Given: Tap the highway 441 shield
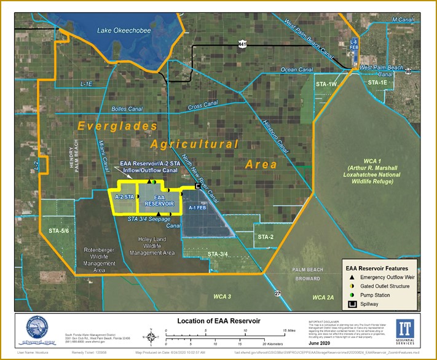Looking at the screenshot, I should pyautogui.click(x=243, y=44).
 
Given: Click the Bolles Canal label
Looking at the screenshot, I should pyautogui.click(x=127, y=109).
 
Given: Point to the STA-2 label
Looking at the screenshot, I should pyautogui.click(x=266, y=237).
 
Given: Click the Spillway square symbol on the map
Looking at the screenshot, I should pyautogui.click(x=198, y=186).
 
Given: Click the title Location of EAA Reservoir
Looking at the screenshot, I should pyautogui.click(x=219, y=321).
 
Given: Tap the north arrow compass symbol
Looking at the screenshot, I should pyautogui.click(x=149, y=335).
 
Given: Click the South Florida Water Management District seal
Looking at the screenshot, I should pyautogui.click(x=36, y=331).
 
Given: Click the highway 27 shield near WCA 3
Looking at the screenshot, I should pyautogui.click(x=277, y=294).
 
